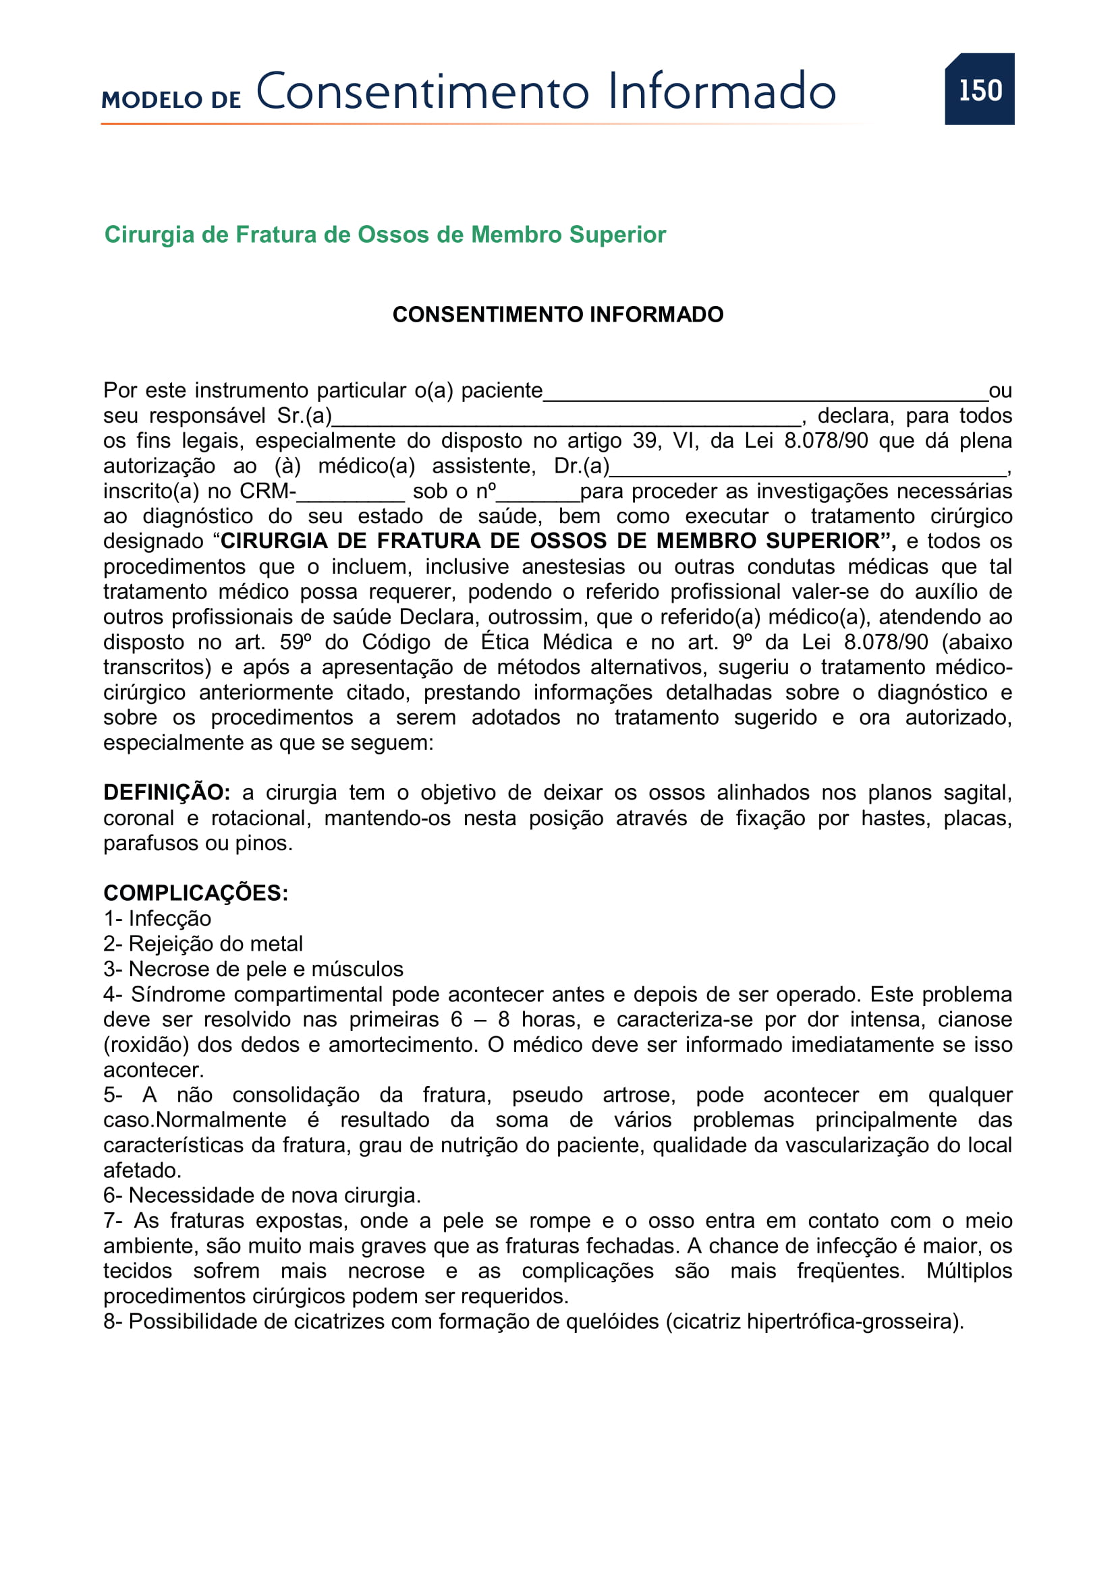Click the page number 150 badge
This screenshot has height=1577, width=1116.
coord(979,90)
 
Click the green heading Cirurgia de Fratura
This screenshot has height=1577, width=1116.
coord(385,235)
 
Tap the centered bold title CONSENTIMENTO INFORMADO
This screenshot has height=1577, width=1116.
coord(557,315)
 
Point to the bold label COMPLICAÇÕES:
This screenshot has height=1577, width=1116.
coord(196,893)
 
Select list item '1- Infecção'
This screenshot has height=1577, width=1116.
coord(157,918)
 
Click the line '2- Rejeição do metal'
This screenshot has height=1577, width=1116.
coord(202,944)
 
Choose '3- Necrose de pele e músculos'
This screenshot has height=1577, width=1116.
coord(253,969)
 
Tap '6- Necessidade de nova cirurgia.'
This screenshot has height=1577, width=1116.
coord(262,1196)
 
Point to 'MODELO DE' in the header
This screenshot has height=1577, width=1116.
coord(171,100)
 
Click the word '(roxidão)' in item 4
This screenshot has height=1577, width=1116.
coord(146,1044)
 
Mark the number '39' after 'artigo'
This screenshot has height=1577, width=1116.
coord(645,441)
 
